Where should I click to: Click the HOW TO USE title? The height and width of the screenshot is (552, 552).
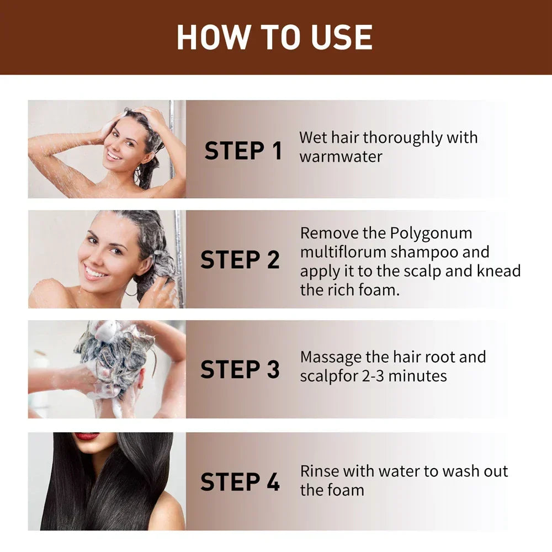coord(274,37)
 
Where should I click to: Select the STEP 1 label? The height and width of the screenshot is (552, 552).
coord(243,151)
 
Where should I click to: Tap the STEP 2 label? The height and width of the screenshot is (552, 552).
coord(240,260)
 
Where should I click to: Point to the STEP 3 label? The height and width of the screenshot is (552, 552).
coord(240,370)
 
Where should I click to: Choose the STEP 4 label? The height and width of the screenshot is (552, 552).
coord(240,482)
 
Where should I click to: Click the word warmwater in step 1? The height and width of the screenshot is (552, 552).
coord(341,156)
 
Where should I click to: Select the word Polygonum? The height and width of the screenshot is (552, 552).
coord(432,233)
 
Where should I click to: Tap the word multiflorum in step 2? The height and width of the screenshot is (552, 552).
coord(343,252)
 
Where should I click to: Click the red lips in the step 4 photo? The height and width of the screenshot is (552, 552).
coord(87,436)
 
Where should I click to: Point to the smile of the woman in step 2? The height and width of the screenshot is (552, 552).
coord(95,272)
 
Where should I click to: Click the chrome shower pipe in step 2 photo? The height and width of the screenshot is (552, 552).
coord(179,259)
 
